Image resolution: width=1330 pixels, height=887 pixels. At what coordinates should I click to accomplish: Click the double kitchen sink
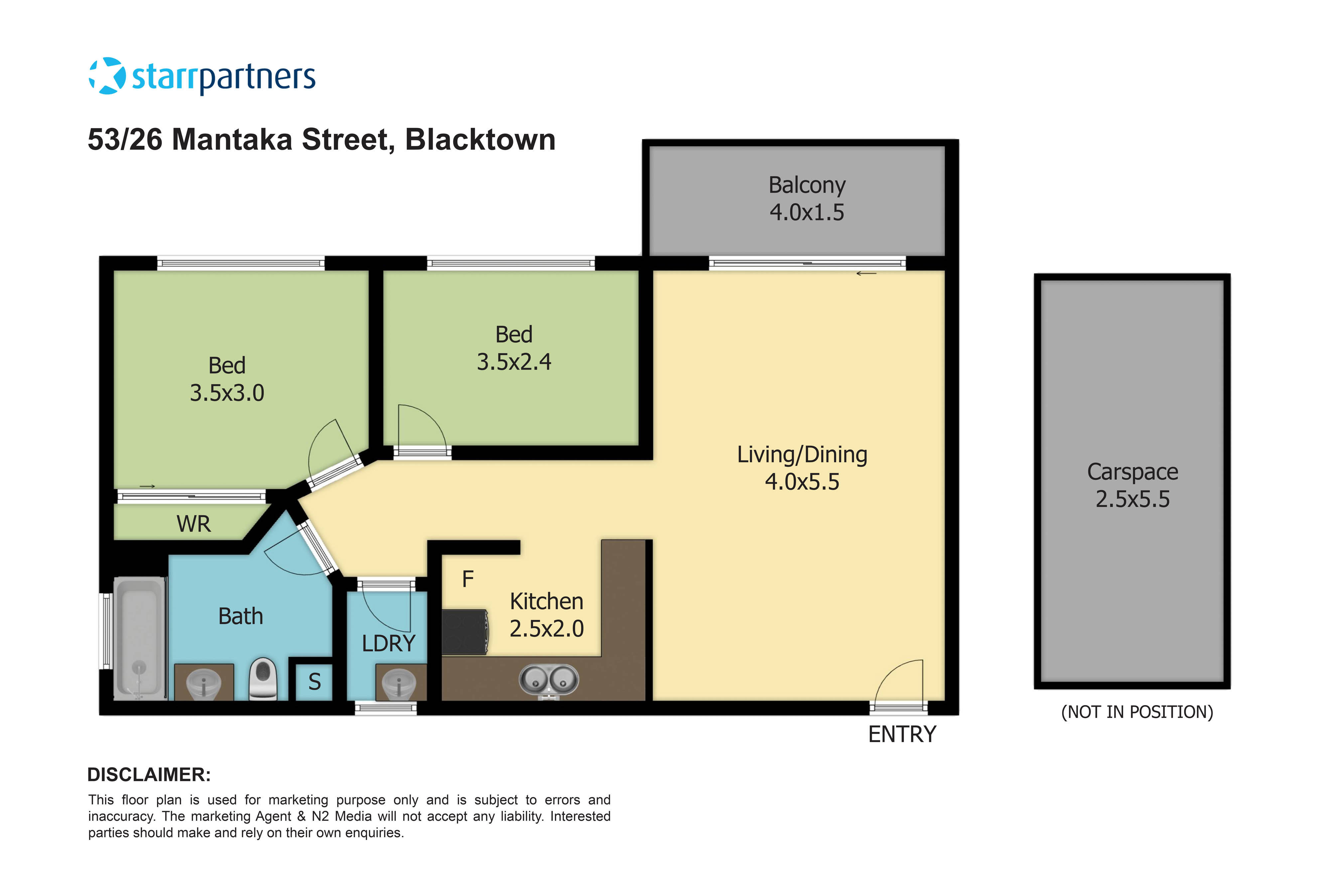point(549,679)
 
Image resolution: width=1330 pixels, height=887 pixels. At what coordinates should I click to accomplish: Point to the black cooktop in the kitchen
point(464,632)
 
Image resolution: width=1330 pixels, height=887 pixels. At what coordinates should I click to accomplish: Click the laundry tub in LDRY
point(399,684)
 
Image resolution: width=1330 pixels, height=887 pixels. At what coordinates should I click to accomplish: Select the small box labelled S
point(315,682)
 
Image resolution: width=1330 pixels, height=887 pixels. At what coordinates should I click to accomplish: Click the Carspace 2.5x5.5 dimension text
point(1132,499)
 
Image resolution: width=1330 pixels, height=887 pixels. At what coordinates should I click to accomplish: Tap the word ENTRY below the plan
point(902,734)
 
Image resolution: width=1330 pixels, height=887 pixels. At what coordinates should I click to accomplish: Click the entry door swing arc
point(899,682)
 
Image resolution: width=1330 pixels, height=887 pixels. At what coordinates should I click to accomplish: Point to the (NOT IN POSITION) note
point(1136,712)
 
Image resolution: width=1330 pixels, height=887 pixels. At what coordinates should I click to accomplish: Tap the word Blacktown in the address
point(480,140)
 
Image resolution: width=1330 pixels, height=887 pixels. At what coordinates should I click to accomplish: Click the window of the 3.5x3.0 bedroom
point(241,263)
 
